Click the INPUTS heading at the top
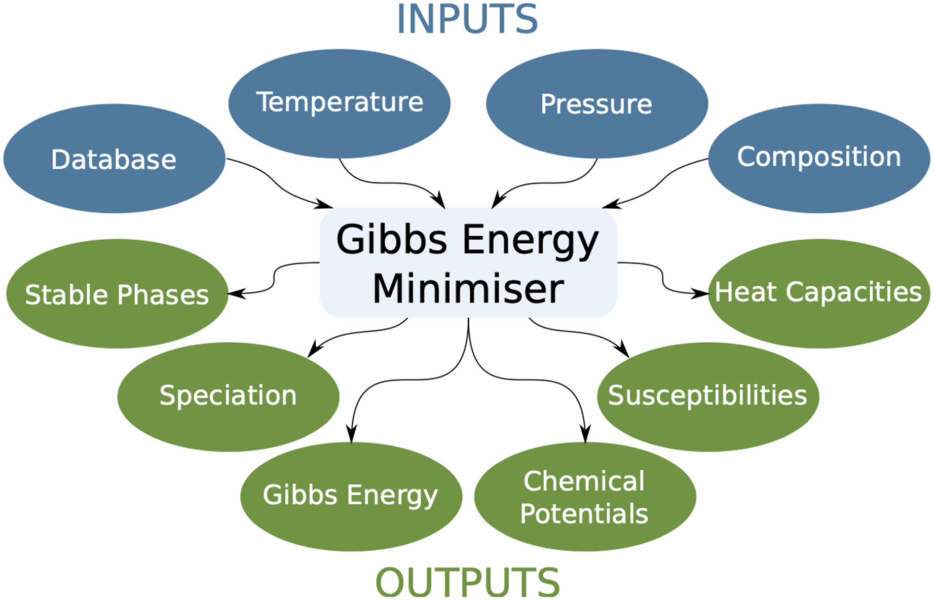point(467,19)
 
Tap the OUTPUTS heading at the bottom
point(467,582)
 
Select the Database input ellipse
point(114,159)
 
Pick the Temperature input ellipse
point(339,103)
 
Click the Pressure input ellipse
point(596,104)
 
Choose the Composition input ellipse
point(818,157)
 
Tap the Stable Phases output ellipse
point(117,294)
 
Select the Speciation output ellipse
point(228,396)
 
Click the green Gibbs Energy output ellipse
point(351,496)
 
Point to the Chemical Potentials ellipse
point(585,497)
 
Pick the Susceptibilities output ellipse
point(707,396)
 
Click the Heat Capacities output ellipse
point(818,293)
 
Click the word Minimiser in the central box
point(468,289)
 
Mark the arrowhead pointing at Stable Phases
point(235,293)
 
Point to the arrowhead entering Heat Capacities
point(701,293)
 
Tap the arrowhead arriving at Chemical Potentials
point(585,435)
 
